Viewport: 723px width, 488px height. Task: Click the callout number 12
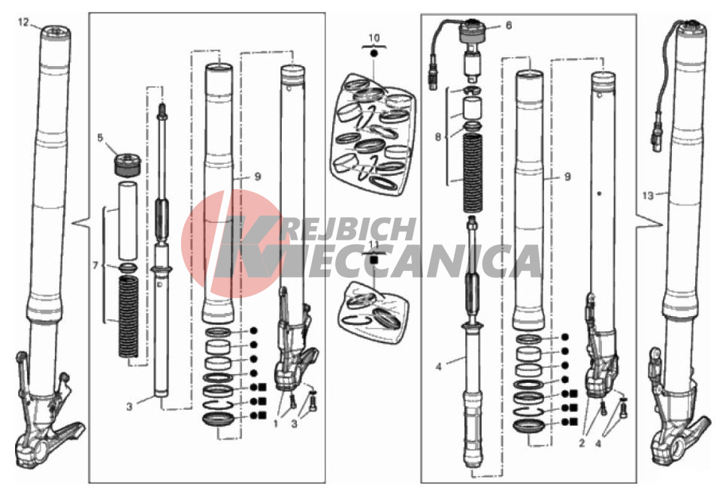click(x=23, y=22)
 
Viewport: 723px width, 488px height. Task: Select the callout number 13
click(x=648, y=196)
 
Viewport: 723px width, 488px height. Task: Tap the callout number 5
click(x=100, y=138)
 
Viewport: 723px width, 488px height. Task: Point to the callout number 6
click(x=509, y=26)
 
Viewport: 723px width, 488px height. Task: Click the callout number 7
click(x=95, y=266)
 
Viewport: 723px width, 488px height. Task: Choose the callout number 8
click(x=438, y=137)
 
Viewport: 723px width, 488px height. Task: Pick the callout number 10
click(x=374, y=38)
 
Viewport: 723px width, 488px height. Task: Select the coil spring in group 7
click(x=129, y=317)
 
